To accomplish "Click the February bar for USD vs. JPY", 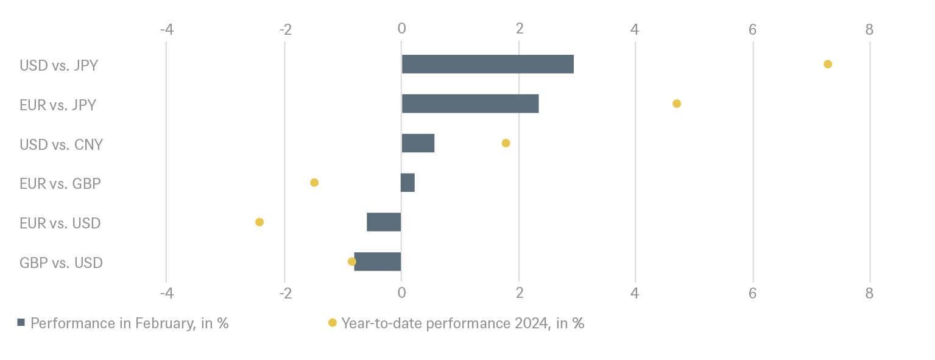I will point(487,64).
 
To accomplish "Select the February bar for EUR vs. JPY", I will point(470,104).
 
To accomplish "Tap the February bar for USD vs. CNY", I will point(418,143).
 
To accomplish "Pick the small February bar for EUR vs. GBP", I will point(408,183).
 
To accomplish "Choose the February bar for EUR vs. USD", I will point(384,222).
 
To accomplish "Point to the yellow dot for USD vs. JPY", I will point(828,64).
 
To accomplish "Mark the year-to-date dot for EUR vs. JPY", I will point(677,104).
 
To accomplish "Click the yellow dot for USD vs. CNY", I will point(506,143).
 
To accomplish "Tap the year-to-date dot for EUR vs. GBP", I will point(314,183).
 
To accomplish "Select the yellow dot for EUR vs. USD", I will point(259,222).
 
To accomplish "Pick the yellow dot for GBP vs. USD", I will point(351,261).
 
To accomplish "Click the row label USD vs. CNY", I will point(61,145).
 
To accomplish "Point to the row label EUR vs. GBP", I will point(60,184).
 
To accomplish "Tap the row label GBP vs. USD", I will point(61,263).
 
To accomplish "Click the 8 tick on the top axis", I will point(869,29).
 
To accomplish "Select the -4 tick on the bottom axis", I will point(166,294).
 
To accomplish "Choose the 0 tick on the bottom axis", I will point(401,294).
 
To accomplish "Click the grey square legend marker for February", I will point(21,323).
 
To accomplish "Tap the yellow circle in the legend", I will point(332,323).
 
